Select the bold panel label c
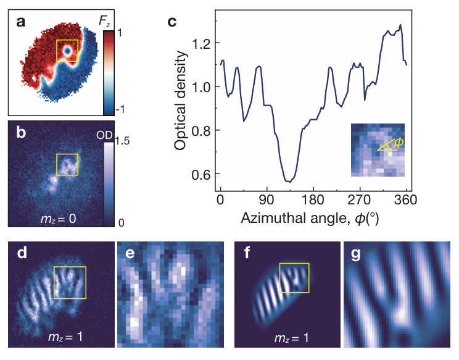pyautogui.click(x=173, y=22)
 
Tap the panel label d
pyautogui.click(x=19, y=253)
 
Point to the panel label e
pyautogui.click(x=128, y=253)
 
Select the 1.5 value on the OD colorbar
pyautogui.click(x=122, y=141)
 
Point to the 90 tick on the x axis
pyautogui.click(x=267, y=199)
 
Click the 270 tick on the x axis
pyautogui.click(x=360, y=199)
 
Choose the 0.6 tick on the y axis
pyautogui.click(x=202, y=174)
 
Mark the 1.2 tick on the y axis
pyautogui.click(x=202, y=44)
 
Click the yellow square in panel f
pyautogui.click(x=294, y=278)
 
